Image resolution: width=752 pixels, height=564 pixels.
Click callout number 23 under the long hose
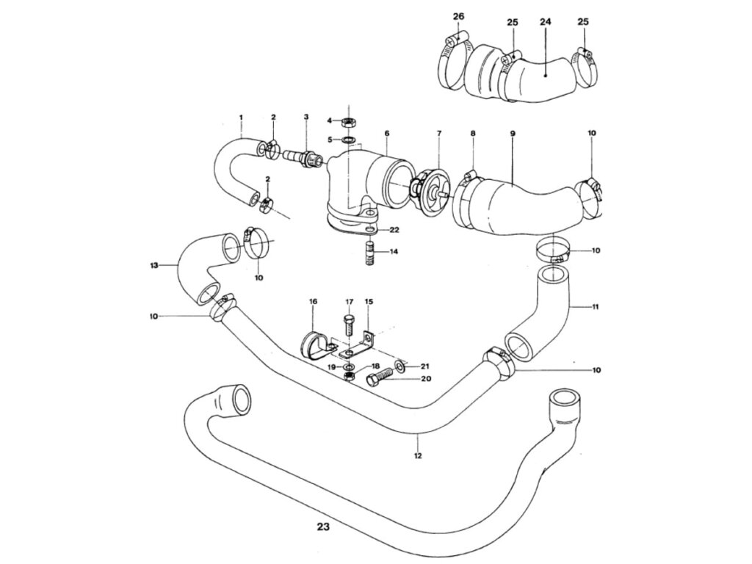(x=325, y=526)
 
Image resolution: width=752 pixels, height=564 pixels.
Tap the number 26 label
(x=458, y=16)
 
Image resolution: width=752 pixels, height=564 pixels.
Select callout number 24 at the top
(x=545, y=21)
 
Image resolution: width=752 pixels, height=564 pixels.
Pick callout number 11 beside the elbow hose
(x=595, y=307)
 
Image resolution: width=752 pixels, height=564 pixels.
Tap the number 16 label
(x=313, y=302)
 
